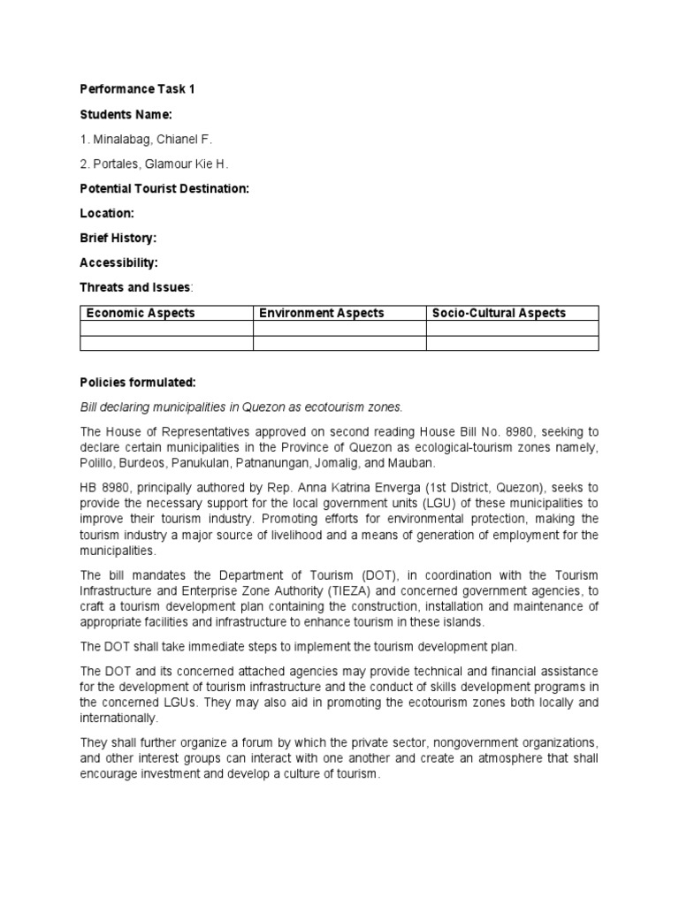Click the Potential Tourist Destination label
point(164,188)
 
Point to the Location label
point(107,213)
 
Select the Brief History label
point(118,238)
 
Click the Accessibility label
point(118,262)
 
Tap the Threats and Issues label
point(135,287)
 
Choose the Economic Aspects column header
point(141,313)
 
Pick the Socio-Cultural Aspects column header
point(499,313)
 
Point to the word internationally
point(121,719)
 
